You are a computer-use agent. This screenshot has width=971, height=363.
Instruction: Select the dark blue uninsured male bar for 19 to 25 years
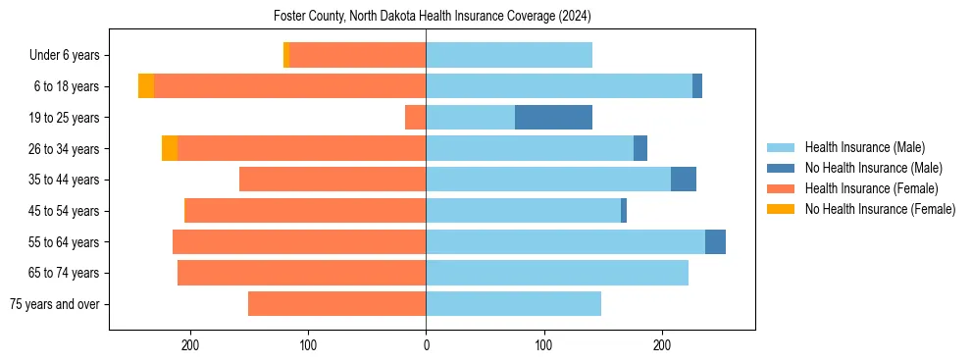(x=553, y=118)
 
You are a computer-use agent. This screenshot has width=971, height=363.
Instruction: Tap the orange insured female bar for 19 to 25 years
(x=415, y=118)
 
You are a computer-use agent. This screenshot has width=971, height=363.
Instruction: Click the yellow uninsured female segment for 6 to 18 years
(x=146, y=86)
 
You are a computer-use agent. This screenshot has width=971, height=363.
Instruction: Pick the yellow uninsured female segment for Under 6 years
(x=286, y=55)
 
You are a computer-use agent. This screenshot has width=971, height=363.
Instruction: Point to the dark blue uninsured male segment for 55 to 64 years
(x=715, y=241)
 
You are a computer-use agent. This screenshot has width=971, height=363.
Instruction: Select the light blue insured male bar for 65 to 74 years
(x=557, y=273)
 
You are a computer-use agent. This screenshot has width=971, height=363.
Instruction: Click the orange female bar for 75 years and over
(x=336, y=304)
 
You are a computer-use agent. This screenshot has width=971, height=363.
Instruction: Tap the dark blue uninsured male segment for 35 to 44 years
(x=684, y=180)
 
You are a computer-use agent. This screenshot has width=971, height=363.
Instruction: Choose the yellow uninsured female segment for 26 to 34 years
(x=170, y=148)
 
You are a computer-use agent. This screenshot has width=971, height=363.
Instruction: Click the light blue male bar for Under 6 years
(x=509, y=55)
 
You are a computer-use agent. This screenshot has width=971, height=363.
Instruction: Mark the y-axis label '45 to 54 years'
(x=64, y=211)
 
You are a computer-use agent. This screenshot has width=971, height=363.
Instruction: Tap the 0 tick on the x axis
(x=426, y=345)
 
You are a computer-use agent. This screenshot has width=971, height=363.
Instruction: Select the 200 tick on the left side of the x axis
(x=190, y=345)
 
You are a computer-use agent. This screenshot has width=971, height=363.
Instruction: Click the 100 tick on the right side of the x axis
(x=543, y=345)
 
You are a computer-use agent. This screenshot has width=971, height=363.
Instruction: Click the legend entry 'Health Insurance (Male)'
(x=864, y=147)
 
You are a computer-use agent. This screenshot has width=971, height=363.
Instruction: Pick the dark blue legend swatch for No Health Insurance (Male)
(x=781, y=168)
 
